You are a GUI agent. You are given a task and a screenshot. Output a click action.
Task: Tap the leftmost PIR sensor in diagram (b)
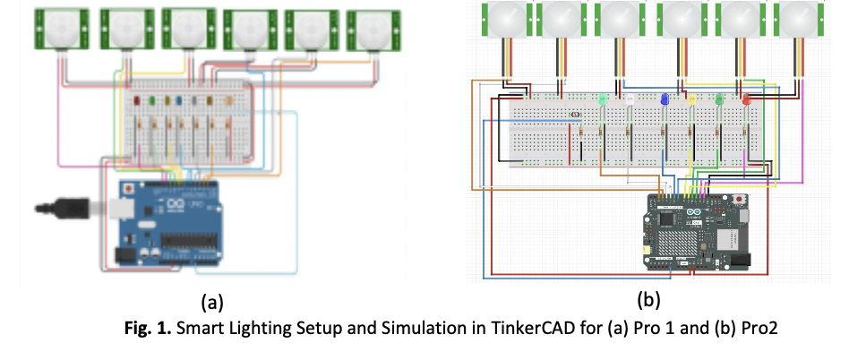tap(503, 18)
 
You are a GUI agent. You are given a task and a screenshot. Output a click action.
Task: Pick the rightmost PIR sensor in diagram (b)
tap(795, 18)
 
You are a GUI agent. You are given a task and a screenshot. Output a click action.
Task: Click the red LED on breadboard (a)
tap(137, 101)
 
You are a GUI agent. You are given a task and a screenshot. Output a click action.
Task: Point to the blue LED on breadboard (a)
tap(179, 101)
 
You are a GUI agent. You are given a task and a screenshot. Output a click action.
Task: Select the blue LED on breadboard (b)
tap(664, 99)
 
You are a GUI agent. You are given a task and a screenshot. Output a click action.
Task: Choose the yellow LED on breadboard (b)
tap(691, 99)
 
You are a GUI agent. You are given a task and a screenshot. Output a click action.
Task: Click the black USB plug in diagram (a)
tap(67, 209)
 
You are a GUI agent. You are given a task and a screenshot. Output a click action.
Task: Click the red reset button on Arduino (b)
tap(740, 197)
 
